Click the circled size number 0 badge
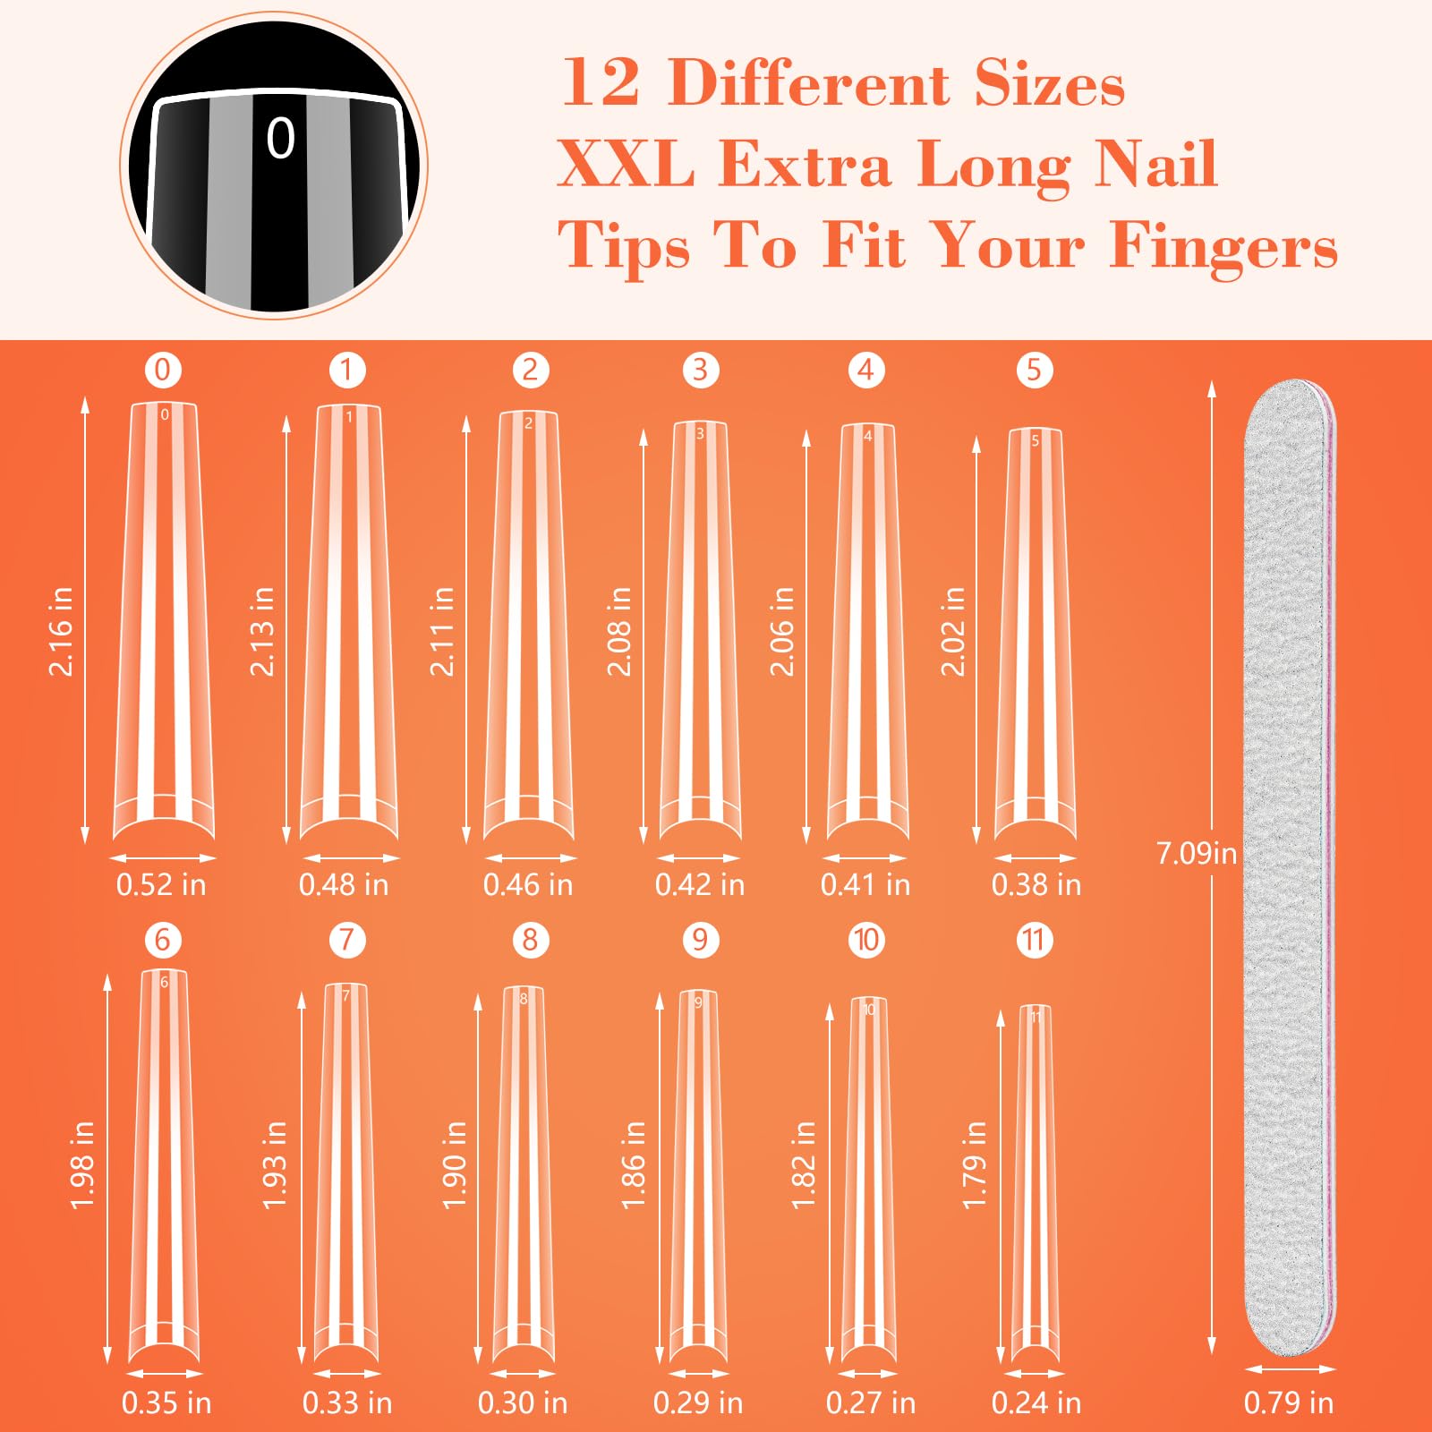(163, 370)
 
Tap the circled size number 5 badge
(1034, 370)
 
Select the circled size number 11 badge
(1034, 940)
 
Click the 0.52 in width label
(161, 884)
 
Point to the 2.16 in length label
(61, 631)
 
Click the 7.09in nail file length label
(1196, 853)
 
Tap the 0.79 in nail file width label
(1289, 1402)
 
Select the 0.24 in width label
(1036, 1402)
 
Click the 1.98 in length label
(82, 1164)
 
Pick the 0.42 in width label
(700, 884)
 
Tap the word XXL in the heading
(626, 165)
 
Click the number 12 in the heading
(601, 83)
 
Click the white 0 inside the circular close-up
(280, 139)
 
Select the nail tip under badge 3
(700, 626)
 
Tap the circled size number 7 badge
(347, 940)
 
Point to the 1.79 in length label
(974, 1164)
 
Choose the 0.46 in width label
(528, 884)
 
